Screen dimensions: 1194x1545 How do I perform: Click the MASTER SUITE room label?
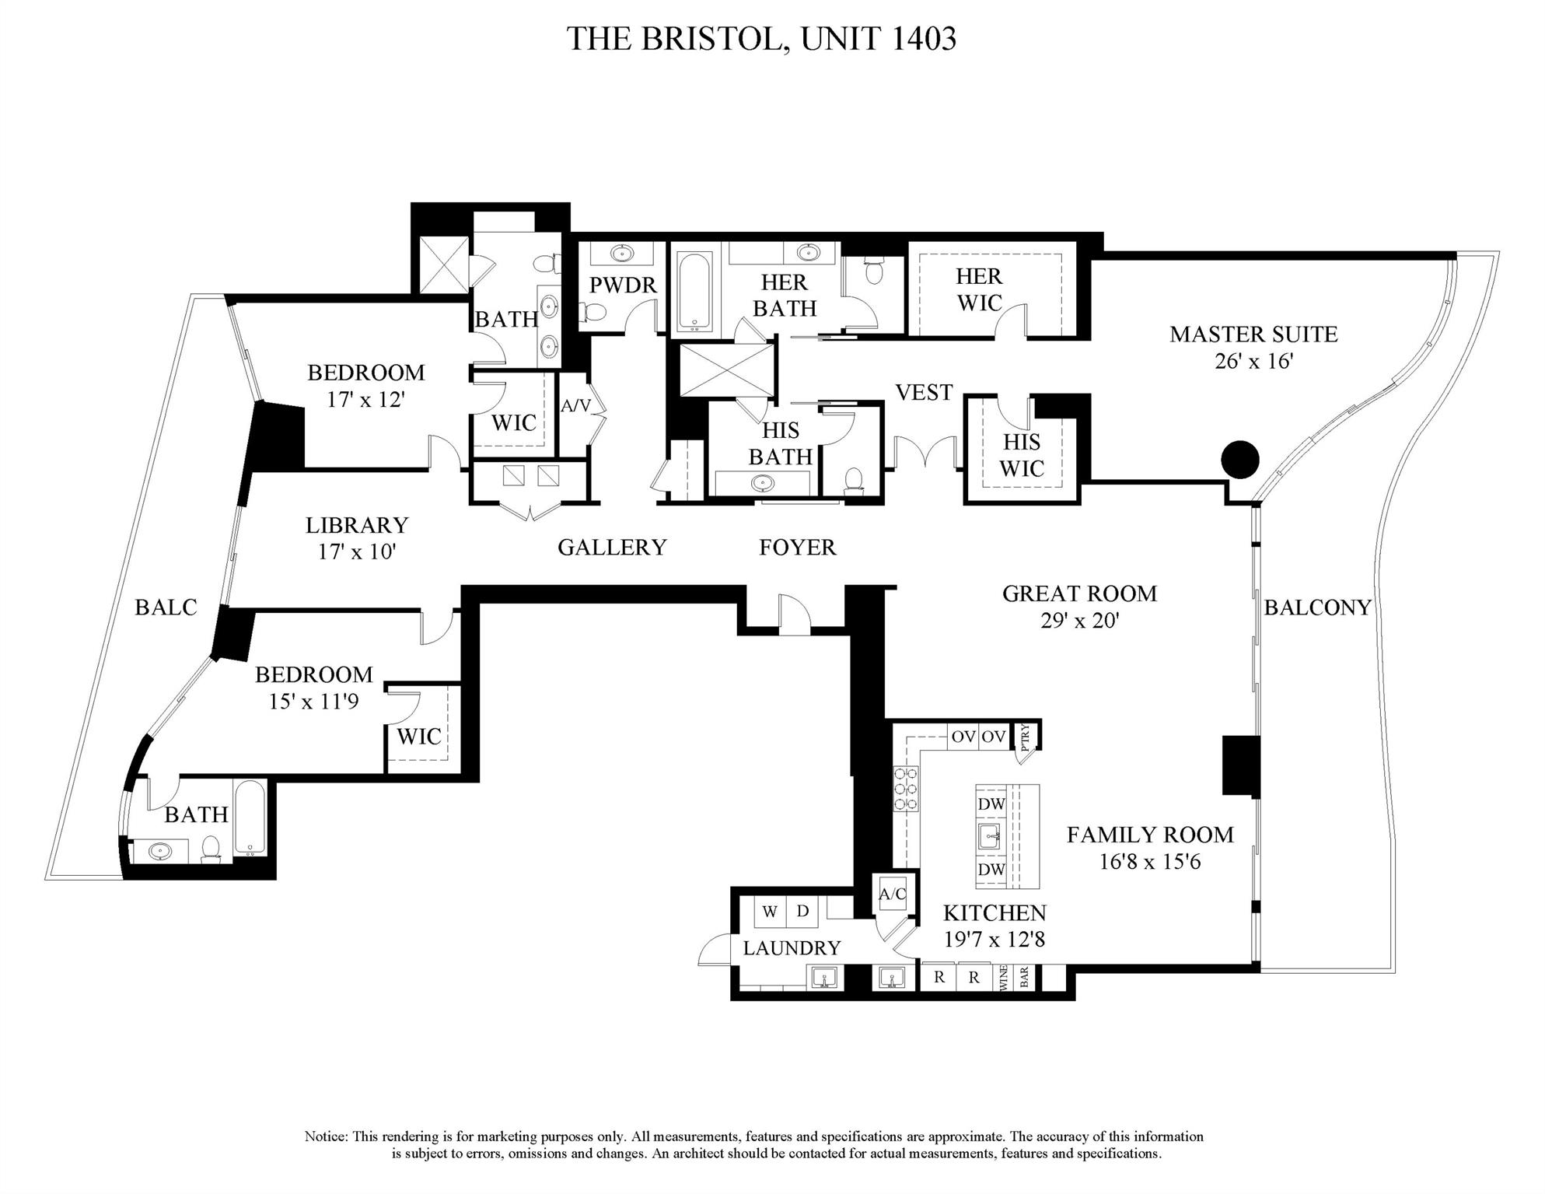click(1253, 334)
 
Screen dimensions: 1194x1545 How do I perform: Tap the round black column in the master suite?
click(1239, 460)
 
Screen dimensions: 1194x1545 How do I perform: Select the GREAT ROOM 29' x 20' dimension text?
click(1079, 621)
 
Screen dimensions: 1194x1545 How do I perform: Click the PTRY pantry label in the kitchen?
click(1025, 736)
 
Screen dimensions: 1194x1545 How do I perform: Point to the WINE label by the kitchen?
click(1003, 977)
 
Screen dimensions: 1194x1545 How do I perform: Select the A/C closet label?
click(892, 895)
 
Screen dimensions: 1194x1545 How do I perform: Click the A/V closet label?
click(575, 405)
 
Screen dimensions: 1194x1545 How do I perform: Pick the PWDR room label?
click(623, 285)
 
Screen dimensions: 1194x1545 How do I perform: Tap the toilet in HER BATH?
click(873, 272)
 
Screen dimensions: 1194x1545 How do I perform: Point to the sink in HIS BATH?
click(763, 483)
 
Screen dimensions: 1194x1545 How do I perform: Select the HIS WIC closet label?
click(1021, 455)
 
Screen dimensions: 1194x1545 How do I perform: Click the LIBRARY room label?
click(357, 526)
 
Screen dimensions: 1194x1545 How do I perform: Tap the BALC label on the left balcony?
click(166, 608)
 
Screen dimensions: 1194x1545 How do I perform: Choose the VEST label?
click(924, 393)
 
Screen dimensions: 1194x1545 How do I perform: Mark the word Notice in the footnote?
click(326, 1136)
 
